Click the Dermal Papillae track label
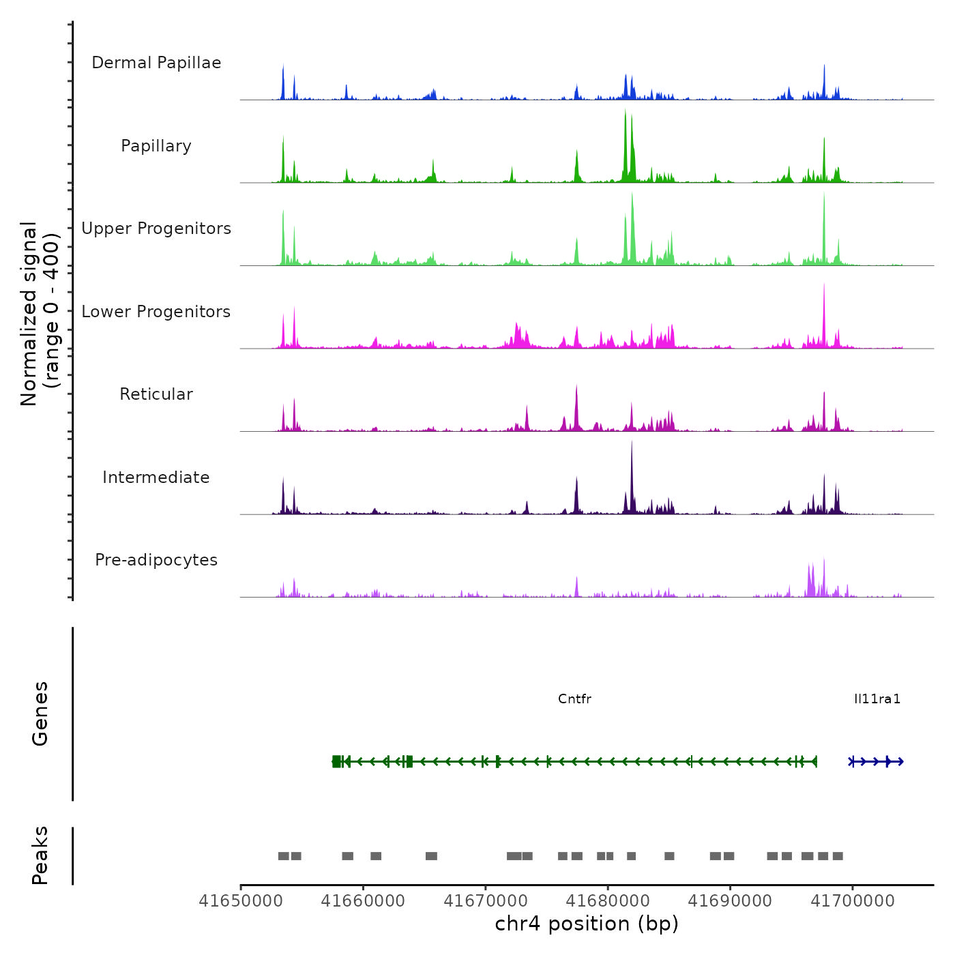coord(156,63)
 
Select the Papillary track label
coord(156,146)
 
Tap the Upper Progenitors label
coord(156,229)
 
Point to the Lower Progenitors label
coord(156,312)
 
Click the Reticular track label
coord(156,394)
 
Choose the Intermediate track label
coord(156,477)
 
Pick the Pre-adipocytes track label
coord(156,560)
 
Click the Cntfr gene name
coord(574,699)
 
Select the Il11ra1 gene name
coord(877,699)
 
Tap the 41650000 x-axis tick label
coord(241,901)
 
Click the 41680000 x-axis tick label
coord(608,901)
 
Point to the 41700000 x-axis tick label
coord(852,901)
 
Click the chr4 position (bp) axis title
coord(587,924)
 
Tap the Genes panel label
coord(40,714)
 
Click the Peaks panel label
coord(40,855)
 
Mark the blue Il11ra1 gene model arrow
coord(877,761)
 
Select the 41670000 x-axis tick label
coord(486,901)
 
